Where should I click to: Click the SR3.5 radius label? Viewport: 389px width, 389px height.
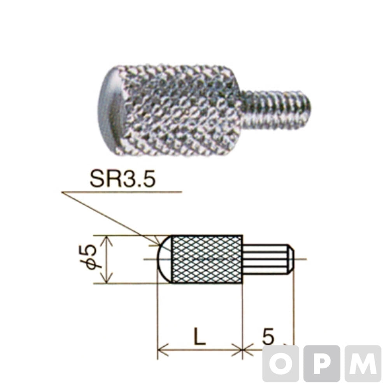123,179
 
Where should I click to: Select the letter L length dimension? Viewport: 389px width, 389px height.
200,336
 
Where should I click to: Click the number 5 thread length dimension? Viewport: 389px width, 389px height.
268,336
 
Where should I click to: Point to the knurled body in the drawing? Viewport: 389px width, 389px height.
207,259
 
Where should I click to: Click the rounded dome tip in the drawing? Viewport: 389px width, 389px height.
165,259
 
